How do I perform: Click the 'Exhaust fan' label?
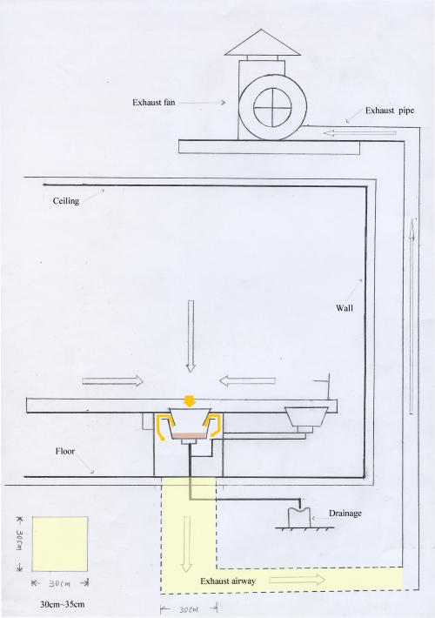154,103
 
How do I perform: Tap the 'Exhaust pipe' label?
390,111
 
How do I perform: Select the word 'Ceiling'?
66,201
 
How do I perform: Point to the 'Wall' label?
345,308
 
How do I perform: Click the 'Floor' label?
65,451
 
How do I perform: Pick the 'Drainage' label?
345,514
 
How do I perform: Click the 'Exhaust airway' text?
228,581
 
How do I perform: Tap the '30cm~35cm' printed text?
63,604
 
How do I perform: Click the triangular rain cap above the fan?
263,43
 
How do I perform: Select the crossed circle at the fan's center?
272,107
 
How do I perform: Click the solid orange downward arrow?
191,400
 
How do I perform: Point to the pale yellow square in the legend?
60,544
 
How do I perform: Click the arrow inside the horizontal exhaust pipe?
359,133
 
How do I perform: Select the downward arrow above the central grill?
191,336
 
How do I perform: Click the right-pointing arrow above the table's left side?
113,380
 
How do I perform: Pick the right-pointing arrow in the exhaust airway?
297,580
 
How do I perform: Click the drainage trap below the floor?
300,516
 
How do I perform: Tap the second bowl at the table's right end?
306,418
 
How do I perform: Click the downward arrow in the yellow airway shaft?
186,544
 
